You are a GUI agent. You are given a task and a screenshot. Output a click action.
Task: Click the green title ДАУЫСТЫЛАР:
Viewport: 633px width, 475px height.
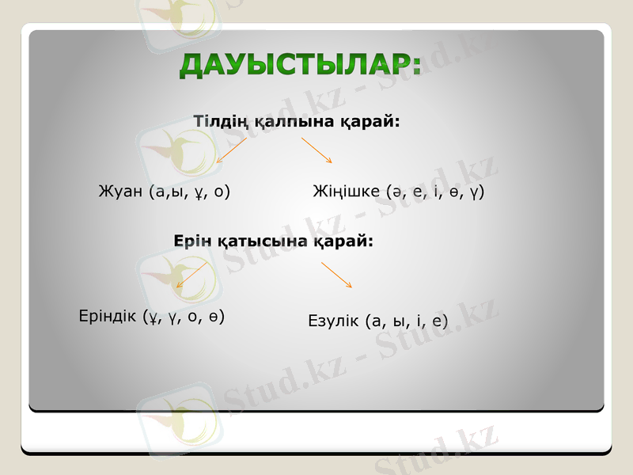(300, 65)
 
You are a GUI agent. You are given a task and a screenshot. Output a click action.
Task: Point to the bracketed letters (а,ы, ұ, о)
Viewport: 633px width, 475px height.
(189, 192)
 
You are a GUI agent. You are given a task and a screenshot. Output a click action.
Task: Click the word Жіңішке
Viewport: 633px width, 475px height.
(347, 192)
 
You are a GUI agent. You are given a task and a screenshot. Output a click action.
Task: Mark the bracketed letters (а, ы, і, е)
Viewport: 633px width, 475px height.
(407, 321)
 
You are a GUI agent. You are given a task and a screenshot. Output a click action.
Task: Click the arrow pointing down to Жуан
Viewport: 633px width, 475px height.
(231, 150)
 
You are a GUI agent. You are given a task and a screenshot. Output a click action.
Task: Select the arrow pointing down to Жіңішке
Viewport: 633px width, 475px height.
(316, 150)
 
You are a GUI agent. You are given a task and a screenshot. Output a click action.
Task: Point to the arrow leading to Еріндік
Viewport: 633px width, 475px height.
(191, 275)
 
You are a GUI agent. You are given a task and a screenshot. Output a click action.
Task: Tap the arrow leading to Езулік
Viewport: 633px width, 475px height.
(336, 275)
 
